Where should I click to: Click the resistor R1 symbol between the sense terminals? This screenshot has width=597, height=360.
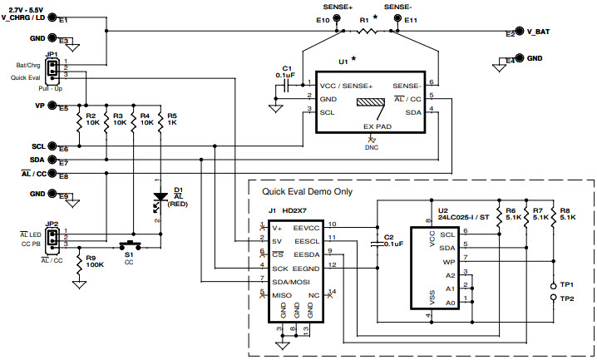[x=367, y=31]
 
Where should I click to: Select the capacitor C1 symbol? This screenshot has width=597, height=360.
[x=287, y=84]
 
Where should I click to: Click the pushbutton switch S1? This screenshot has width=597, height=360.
[x=129, y=246]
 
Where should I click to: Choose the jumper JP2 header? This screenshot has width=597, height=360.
[x=52, y=239]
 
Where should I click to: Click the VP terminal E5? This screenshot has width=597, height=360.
[x=52, y=106]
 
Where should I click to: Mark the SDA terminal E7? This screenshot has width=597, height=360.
[x=52, y=160]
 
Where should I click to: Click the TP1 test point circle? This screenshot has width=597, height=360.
[x=555, y=285]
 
